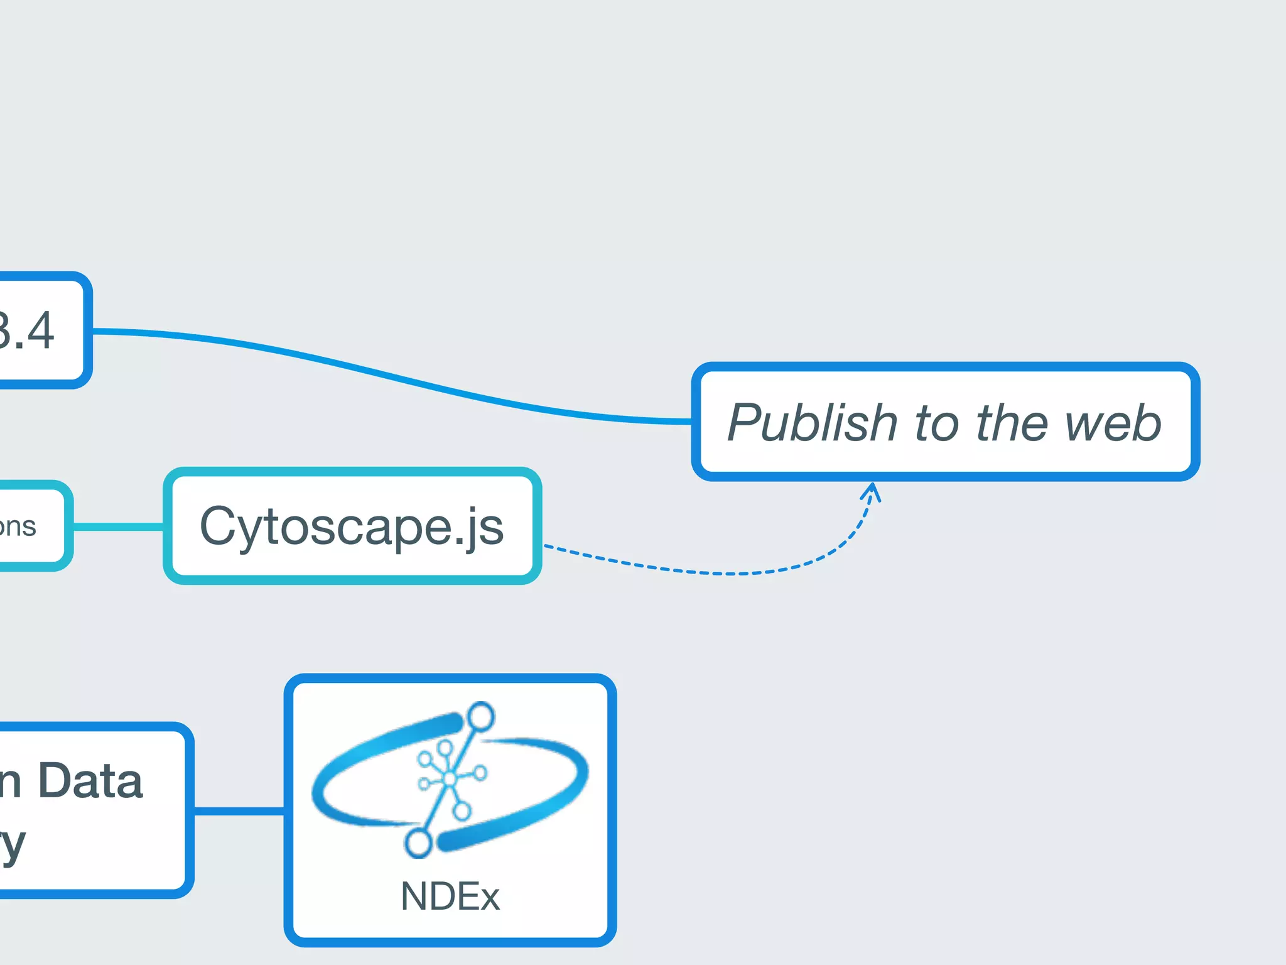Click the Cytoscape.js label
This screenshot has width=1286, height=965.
352,526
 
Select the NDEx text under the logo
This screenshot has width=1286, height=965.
450,897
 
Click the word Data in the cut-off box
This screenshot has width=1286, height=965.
91,782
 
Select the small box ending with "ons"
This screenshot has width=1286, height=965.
25,526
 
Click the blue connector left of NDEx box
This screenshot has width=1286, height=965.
239,811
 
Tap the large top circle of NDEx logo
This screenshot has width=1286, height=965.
481,717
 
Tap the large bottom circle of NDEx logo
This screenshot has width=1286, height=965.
418,842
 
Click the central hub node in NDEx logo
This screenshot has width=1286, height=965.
450,779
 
